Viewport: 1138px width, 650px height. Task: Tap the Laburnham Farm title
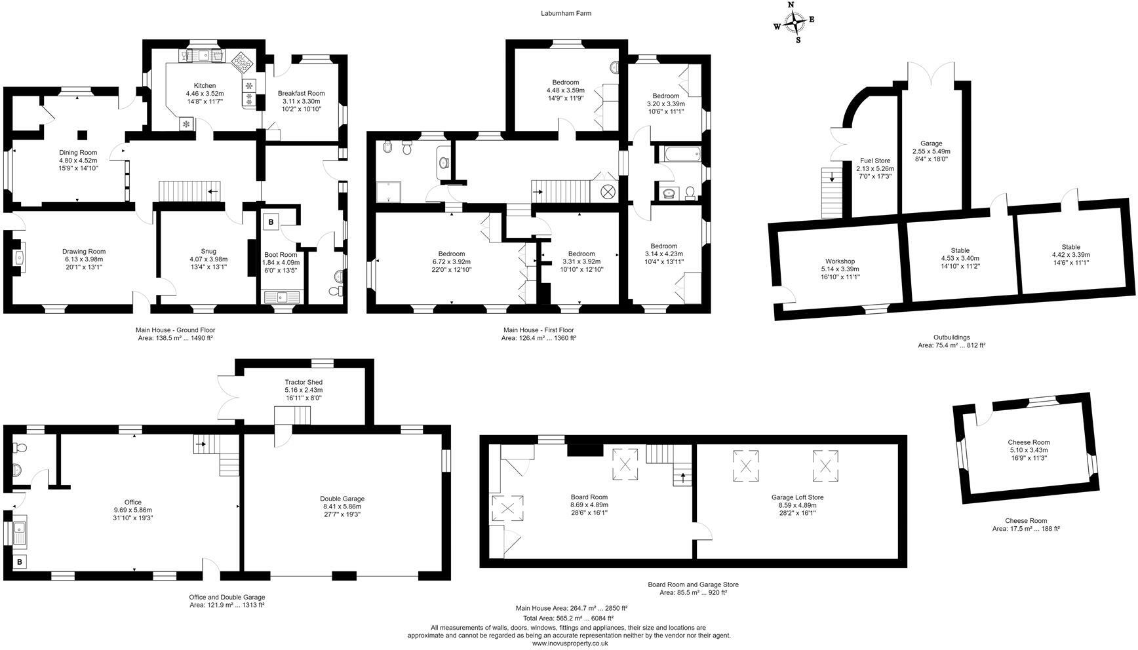point(566,13)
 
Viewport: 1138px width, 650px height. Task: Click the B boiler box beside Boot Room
point(270,222)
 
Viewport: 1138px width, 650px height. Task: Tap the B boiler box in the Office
point(20,562)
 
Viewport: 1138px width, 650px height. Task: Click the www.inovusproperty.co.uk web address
point(570,643)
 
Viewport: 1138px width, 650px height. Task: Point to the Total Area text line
point(568,618)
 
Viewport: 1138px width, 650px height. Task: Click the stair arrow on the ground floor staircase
point(213,191)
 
